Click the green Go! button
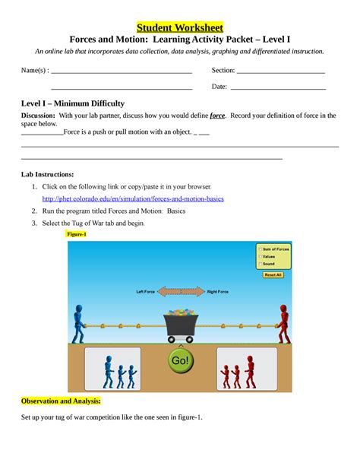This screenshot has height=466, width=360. [180, 361]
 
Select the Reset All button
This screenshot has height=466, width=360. [273, 275]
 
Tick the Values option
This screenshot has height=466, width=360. [260, 256]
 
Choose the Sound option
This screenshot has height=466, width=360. [260, 264]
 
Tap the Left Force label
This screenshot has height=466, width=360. [146, 291]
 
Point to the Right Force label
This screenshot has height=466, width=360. [218, 291]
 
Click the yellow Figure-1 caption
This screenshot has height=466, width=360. [77, 235]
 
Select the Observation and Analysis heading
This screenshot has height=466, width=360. [61, 400]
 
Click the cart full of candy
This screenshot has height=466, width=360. [180, 323]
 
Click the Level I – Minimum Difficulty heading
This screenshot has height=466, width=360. [72, 103]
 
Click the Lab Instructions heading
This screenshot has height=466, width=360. [47, 174]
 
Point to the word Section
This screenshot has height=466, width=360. [223, 71]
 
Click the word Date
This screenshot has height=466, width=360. [219, 87]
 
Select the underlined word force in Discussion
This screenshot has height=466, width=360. [217, 116]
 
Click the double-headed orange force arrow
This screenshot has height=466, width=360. [182, 291]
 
